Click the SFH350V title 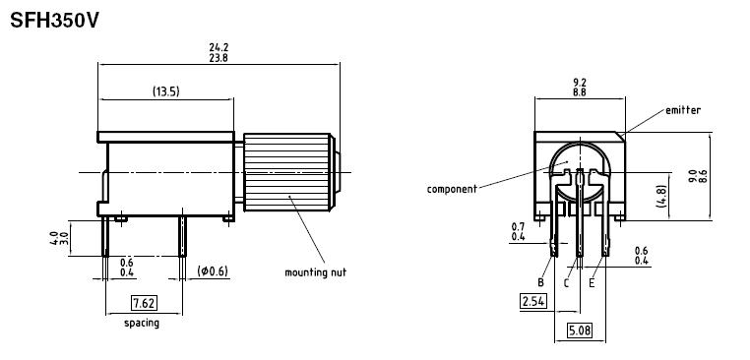(x=54, y=21)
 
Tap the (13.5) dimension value (x=166, y=91)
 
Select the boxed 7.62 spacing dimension (x=144, y=303)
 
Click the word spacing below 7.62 (x=142, y=324)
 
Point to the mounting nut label (x=315, y=272)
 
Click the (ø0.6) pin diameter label (x=213, y=271)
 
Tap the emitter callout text (x=683, y=110)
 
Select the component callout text (x=452, y=189)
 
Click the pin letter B (x=540, y=282)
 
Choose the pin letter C (x=566, y=283)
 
